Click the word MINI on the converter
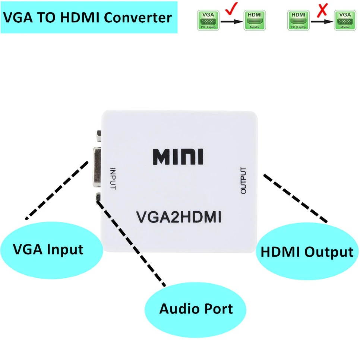coord(178,157)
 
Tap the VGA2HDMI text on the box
coord(179,217)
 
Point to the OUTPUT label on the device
coord(243,180)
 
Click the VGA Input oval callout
coord(48,249)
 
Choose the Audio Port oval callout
coord(196,309)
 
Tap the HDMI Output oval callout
coord(306,252)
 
